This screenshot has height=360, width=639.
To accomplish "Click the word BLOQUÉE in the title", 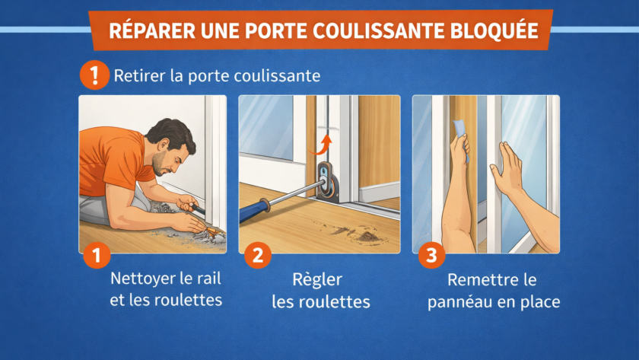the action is coord(494,31).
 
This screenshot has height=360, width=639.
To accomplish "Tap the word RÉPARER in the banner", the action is coord(152,30).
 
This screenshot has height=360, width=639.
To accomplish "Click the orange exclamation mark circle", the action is coord(94,75).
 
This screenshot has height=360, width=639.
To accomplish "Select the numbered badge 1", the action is coord(97,256).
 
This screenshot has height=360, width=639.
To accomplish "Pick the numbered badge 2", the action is coord(258,255).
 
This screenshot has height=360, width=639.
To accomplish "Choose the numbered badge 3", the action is coord(431,255).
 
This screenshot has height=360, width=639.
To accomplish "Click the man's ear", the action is coord(164,145).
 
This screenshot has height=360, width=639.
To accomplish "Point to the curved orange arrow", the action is coord(321,145).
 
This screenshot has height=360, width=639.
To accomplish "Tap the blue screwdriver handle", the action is coord(254,210).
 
